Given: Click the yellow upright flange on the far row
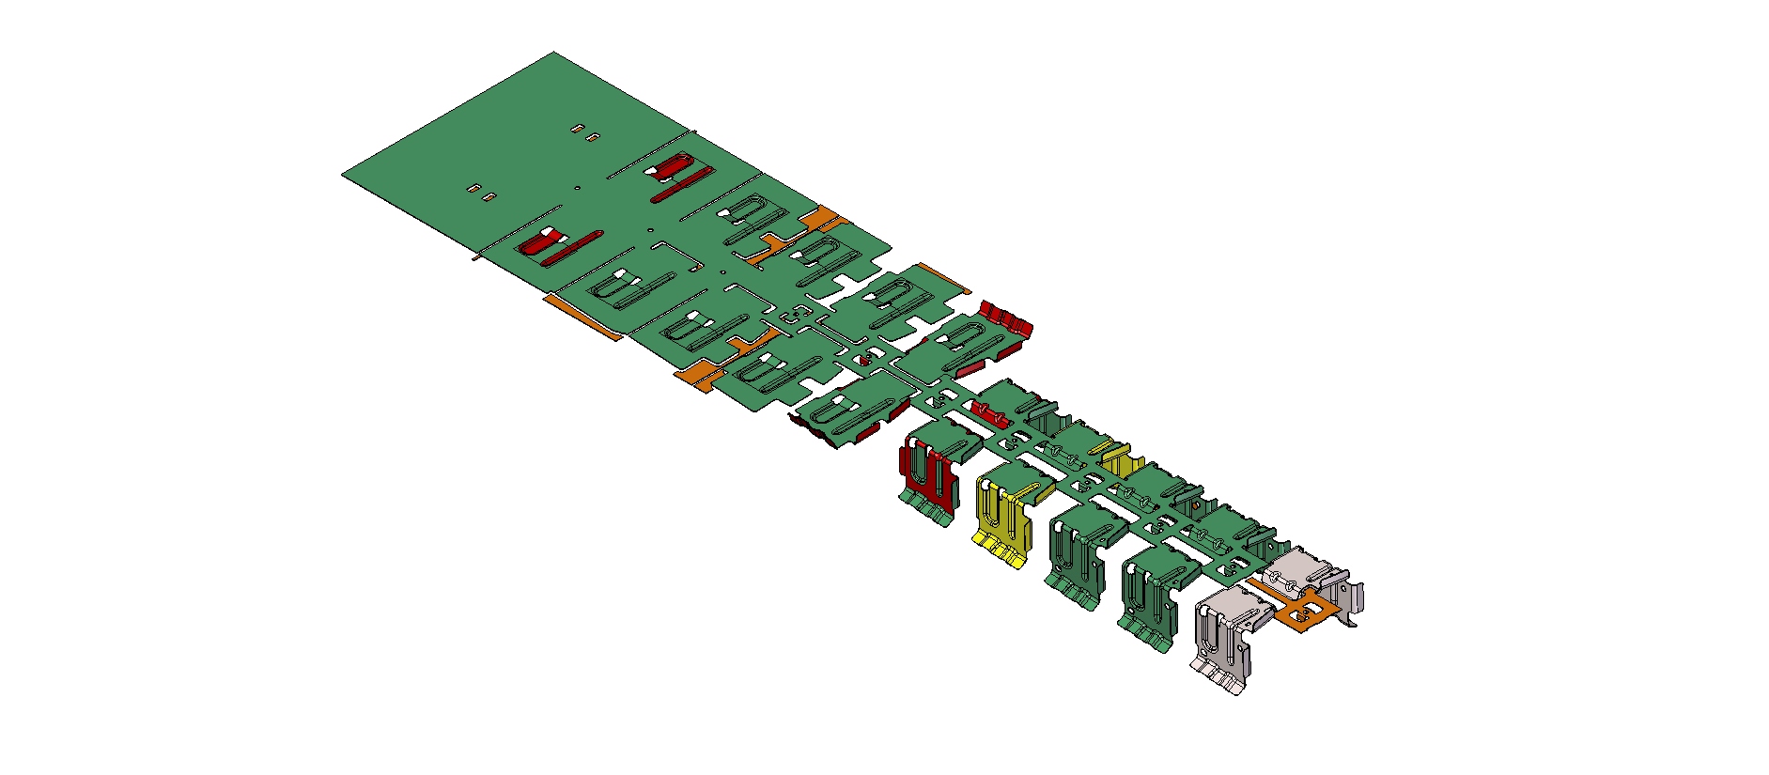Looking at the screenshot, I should click(x=1119, y=460).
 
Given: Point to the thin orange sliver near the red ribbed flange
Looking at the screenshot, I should click(x=943, y=277).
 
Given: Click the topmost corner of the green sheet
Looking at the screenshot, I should click(x=553, y=53).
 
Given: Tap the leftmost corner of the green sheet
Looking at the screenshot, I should click(x=343, y=175).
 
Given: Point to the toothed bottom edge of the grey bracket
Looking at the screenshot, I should click(x=1221, y=678).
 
